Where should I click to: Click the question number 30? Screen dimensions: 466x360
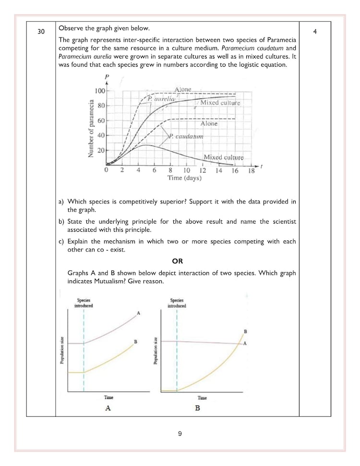41,32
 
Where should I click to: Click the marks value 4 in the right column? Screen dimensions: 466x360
315,32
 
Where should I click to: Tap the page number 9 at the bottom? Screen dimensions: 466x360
180,434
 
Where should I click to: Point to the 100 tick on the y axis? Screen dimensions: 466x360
100,91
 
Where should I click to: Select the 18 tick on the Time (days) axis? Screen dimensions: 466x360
251,170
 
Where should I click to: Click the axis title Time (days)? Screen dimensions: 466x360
184,178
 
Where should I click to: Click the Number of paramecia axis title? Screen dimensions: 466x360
90,128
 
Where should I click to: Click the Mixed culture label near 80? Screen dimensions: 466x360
220,103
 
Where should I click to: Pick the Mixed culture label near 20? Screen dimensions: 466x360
224,157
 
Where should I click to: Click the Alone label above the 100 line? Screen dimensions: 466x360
183,89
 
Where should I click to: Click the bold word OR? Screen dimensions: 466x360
177,261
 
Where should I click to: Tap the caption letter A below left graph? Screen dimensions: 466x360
108,408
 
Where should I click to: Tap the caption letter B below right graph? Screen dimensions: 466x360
197,408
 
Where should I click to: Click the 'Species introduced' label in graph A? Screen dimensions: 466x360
84,303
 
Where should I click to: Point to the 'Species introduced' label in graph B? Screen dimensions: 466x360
177,303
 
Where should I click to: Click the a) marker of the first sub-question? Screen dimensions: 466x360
61,202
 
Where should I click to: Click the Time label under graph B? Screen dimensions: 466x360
202,397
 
